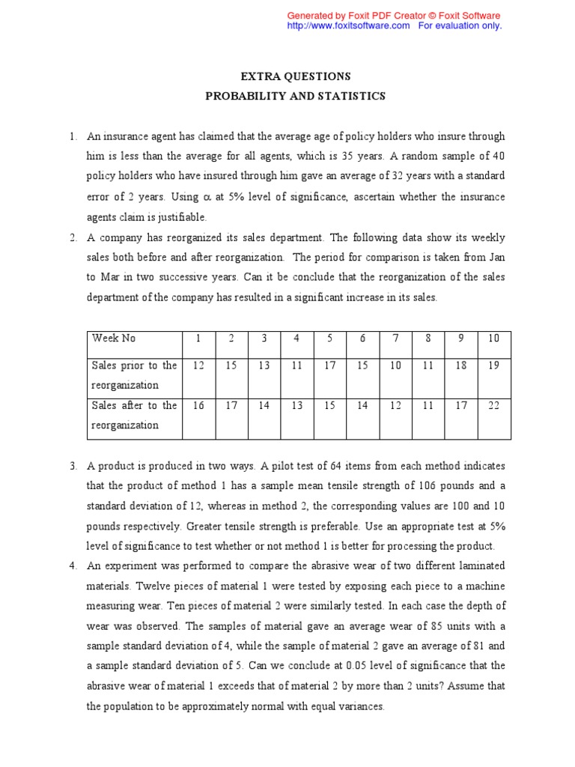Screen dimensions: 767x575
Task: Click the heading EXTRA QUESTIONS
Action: [295, 76]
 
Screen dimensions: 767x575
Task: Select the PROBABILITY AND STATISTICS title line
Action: [295, 96]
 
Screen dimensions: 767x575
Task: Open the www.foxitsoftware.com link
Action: [349, 25]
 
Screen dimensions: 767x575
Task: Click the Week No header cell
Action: [114, 338]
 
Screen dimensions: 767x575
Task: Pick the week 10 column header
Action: [493, 338]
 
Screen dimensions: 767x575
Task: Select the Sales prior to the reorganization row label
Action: [134, 375]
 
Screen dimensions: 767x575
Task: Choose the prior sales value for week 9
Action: [461, 365]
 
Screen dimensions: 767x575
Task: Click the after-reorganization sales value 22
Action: [493, 405]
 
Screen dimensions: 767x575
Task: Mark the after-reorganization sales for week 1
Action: [198, 405]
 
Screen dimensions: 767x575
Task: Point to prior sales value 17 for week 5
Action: [329, 365]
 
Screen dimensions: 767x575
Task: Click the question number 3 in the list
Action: [73, 466]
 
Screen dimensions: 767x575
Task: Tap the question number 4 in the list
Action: [73, 565]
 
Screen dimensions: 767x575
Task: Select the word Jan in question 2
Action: [497, 258]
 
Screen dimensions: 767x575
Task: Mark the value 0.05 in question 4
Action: [329, 665]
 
